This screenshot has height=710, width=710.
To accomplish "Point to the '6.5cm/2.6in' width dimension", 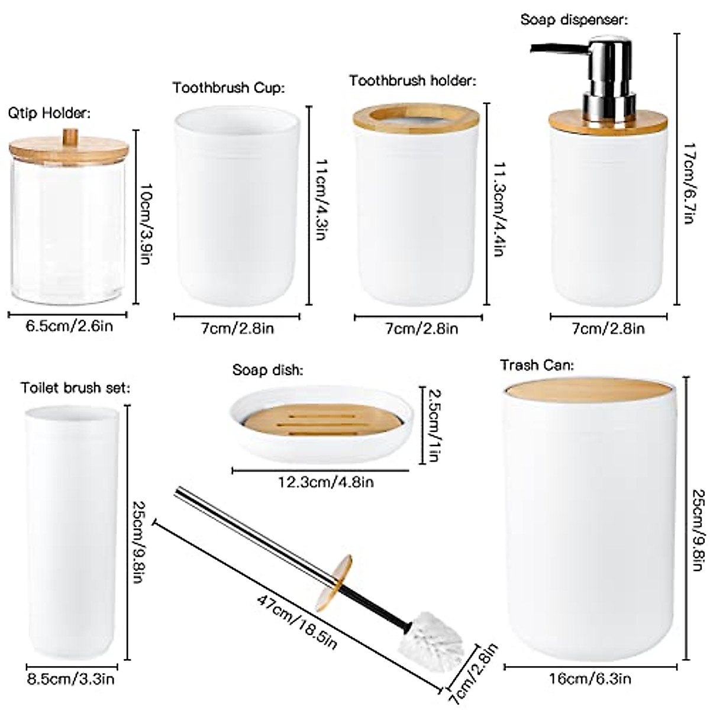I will pyautogui.click(x=69, y=326).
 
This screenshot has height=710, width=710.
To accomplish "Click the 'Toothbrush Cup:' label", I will pyautogui.click(x=228, y=88).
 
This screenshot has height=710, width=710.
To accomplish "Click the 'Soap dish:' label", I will pyautogui.click(x=268, y=370).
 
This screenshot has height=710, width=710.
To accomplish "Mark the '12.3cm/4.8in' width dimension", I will pyautogui.click(x=326, y=482).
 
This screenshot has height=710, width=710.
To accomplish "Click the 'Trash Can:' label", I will pyautogui.click(x=537, y=364).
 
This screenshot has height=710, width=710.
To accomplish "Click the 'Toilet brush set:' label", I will pyautogui.click(x=75, y=388).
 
